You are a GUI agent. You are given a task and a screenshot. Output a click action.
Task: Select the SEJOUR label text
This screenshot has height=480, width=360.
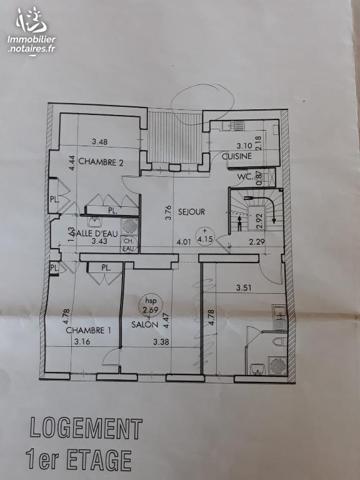191,212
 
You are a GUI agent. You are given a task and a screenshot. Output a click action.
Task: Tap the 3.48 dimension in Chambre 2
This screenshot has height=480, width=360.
99,142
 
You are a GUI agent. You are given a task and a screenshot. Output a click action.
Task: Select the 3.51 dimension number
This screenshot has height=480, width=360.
243,290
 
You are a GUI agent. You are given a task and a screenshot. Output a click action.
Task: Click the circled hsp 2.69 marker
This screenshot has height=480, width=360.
152,302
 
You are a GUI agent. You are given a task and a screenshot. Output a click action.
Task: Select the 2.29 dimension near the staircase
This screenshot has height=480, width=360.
258,241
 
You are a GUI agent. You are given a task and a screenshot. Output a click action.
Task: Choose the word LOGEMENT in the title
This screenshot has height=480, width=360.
85,429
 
